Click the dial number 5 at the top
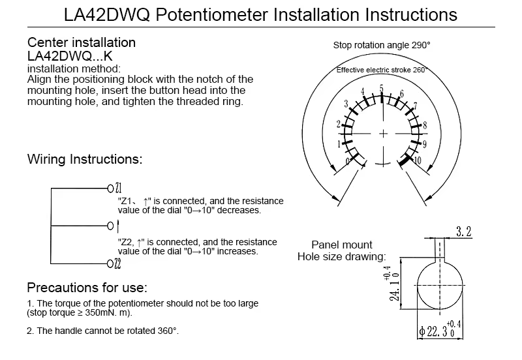(x=382, y=89)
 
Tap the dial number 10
(x=417, y=160)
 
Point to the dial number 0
(x=348, y=161)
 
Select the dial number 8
(x=425, y=125)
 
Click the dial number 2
(x=339, y=124)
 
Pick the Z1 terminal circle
(x=110, y=188)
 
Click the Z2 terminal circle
(x=110, y=264)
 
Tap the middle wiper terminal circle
(x=110, y=226)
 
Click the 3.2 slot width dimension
(x=464, y=232)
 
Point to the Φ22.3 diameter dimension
(x=440, y=330)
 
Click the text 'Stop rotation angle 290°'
(x=382, y=45)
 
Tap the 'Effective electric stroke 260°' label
(x=382, y=70)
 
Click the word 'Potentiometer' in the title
(x=211, y=14)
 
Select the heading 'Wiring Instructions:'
(x=85, y=159)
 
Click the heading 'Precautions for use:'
(x=87, y=288)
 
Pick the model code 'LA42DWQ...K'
(x=70, y=56)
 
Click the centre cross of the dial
(x=383, y=134)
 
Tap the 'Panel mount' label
(x=341, y=245)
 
